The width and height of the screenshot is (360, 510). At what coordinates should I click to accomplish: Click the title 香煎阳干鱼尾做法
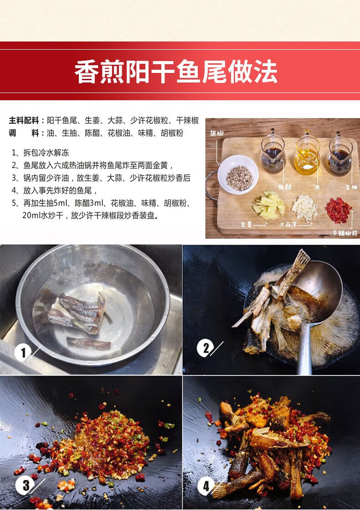click(176, 72)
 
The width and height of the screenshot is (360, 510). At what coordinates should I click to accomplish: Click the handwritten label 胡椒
click(217, 133)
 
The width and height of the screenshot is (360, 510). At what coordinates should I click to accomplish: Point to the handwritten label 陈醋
click(285, 187)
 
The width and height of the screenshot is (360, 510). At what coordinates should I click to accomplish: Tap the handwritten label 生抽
click(351, 187)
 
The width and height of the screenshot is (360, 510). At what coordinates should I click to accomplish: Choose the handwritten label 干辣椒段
click(345, 233)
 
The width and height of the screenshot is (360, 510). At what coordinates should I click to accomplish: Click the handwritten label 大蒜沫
click(288, 224)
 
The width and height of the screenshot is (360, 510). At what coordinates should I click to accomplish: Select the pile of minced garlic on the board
click(305, 207)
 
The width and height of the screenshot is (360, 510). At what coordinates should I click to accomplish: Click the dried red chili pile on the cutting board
click(339, 210)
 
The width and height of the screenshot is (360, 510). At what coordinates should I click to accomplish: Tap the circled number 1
click(23, 353)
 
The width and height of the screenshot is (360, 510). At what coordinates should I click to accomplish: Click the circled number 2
click(205, 348)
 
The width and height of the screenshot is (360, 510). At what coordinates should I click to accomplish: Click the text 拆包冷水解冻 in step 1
click(46, 153)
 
